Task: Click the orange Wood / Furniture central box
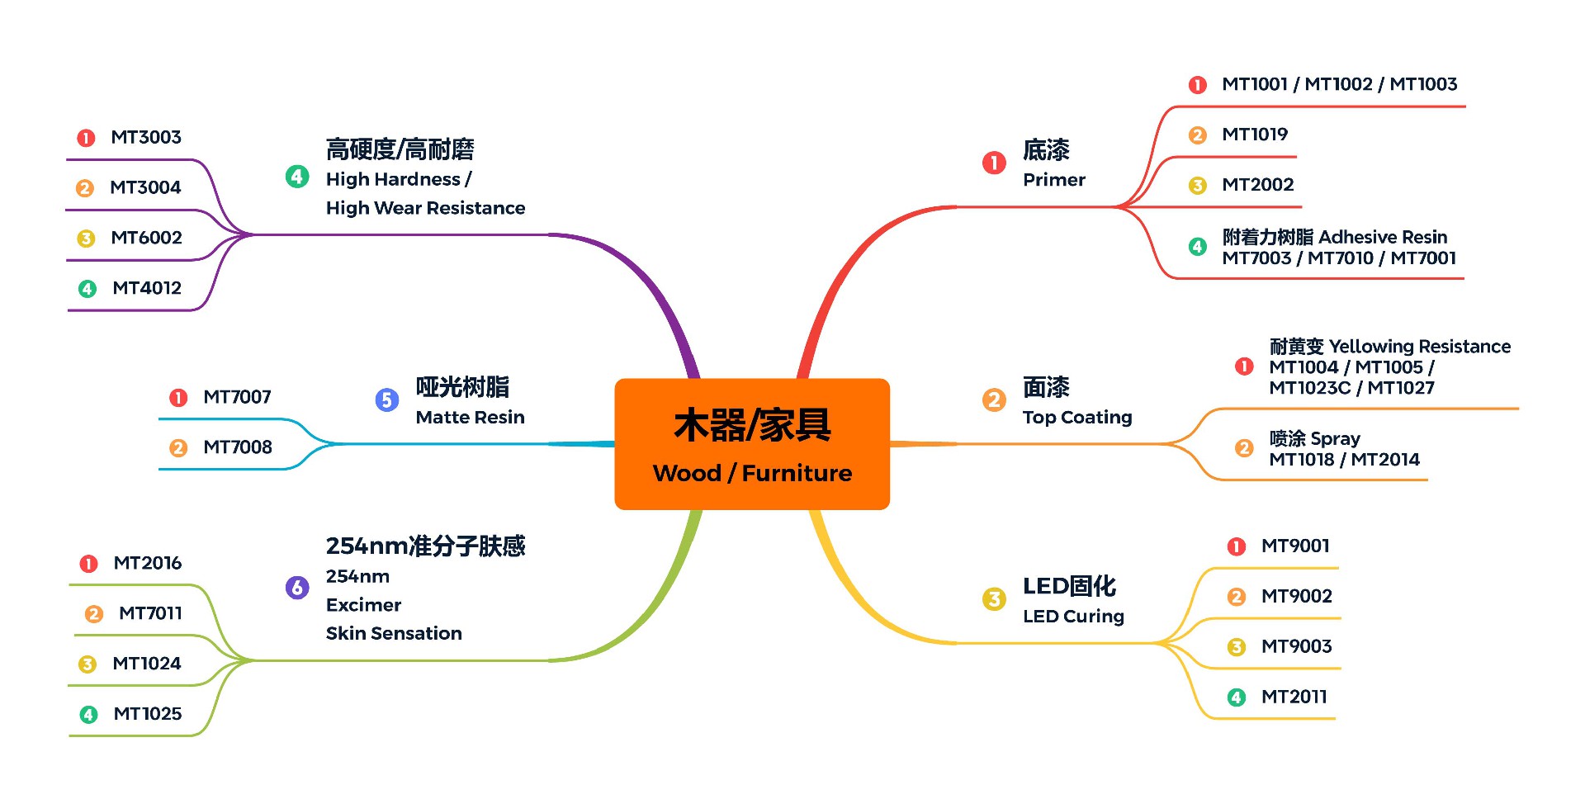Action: coord(751,444)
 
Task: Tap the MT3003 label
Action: coord(146,137)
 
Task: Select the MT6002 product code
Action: coord(146,238)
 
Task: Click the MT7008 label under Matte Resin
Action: coord(238,447)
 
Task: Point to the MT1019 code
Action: coord(1254,135)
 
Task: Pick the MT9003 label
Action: coord(1296,646)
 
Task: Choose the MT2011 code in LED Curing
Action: coord(1294,697)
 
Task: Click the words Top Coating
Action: coord(1076,418)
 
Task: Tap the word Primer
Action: coord(1053,180)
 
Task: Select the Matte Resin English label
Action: coord(470,418)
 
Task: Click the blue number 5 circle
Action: coord(387,400)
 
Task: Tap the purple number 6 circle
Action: coord(297,588)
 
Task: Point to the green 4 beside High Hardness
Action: coord(297,177)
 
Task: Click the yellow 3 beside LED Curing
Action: coord(994,599)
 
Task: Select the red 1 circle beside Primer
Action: coord(994,163)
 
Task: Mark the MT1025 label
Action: coord(147,714)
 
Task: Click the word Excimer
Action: coord(363,605)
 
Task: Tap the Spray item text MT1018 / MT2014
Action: coord(1344,460)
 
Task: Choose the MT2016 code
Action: coord(147,563)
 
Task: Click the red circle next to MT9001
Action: coord(1236,546)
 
